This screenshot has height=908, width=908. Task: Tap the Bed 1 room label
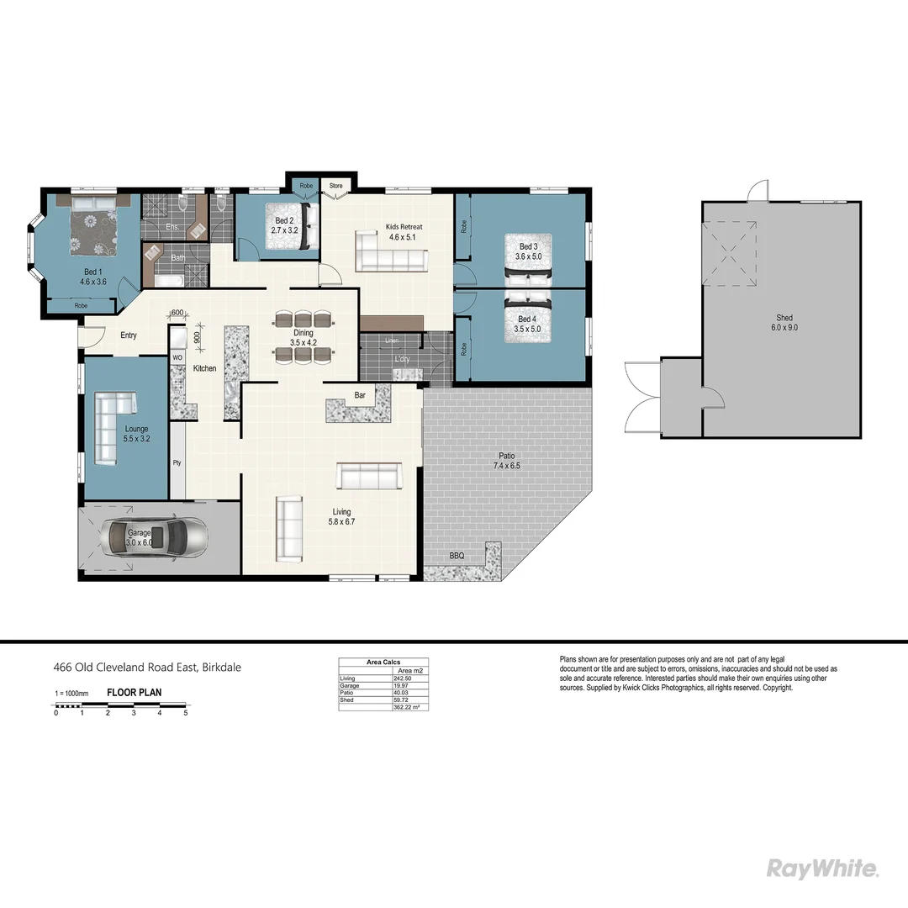(92, 277)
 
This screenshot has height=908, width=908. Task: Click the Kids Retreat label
(404, 232)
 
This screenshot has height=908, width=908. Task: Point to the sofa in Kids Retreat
(388, 252)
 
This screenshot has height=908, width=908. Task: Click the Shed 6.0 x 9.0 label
(784, 323)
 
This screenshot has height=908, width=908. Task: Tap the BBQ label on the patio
(457, 556)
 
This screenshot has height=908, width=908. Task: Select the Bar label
(360, 393)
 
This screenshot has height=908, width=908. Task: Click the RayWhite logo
(823, 868)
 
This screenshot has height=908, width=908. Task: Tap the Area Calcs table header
(383, 662)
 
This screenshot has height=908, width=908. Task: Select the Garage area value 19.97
(405, 685)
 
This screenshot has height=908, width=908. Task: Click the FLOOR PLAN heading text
(134, 693)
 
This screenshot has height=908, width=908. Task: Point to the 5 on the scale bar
(186, 712)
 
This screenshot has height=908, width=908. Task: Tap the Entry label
(128, 335)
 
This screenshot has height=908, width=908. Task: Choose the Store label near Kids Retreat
(335, 185)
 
